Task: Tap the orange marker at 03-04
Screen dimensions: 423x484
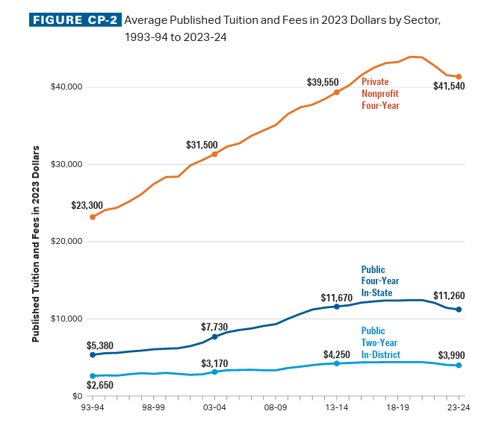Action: pyautogui.click(x=215, y=154)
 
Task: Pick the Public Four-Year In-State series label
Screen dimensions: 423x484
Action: pyautogui.click(x=380, y=281)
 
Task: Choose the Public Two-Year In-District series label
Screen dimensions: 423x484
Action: pyautogui.click(x=380, y=342)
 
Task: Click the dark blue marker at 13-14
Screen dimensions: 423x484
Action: pyautogui.click(x=337, y=307)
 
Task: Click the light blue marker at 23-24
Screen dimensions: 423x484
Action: pyautogui.click(x=459, y=366)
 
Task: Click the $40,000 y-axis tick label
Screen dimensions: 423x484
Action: pyautogui.click(x=66, y=87)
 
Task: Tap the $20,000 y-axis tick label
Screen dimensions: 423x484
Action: pyautogui.click(x=66, y=242)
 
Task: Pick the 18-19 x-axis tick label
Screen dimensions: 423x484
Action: pyautogui.click(x=397, y=408)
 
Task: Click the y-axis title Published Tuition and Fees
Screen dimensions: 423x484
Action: pyautogui.click(x=36, y=245)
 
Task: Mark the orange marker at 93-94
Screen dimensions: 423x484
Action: pyautogui.click(x=93, y=217)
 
